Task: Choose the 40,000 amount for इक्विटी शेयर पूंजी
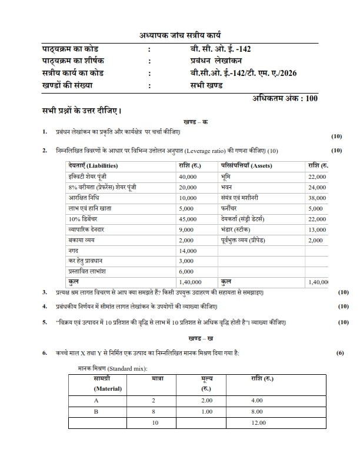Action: click(x=188, y=176)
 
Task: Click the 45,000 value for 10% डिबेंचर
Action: click(x=188, y=218)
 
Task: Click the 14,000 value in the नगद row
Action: click(x=188, y=250)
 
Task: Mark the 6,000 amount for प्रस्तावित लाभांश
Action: click(x=186, y=271)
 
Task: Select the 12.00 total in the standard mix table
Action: click(x=258, y=422)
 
